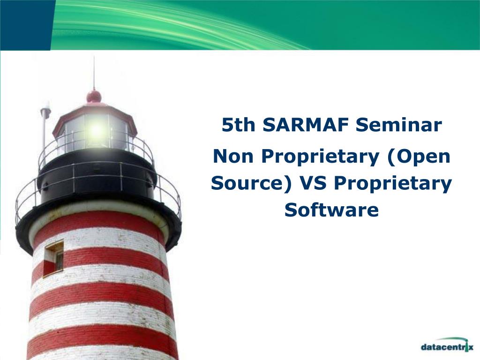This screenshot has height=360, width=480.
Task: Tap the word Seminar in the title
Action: click(x=398, y=125)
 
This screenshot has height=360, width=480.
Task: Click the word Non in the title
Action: click(x=233, y=156)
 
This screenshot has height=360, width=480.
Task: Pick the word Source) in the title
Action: click(x=251, y=184)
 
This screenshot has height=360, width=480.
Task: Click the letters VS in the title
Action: click(x=313, y=183)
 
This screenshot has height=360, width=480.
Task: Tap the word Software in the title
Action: click(x=331, y=210)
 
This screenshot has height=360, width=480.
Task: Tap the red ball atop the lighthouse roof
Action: click(x=94, y=96)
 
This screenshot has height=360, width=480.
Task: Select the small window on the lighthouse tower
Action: click(x=54, y=258)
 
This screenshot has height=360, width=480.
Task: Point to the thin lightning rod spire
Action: click(x=94, y=74)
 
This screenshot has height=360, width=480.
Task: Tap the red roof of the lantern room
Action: click(x=94, y=114)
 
